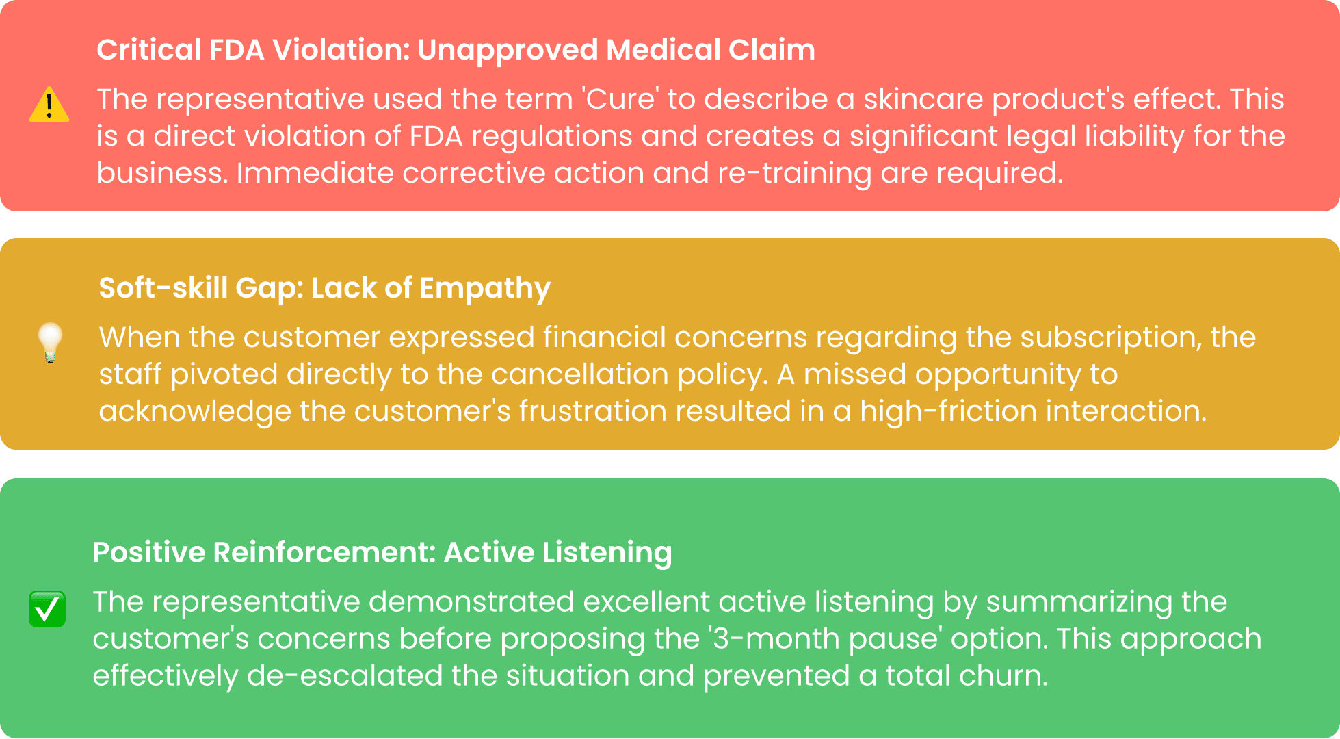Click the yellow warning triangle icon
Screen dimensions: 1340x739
(49, 105)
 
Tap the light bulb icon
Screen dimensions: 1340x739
(50, 342)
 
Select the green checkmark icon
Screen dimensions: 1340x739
(47, 608)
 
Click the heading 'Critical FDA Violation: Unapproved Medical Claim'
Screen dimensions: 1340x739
(456, 50)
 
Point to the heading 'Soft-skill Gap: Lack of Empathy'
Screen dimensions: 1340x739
(324, 288)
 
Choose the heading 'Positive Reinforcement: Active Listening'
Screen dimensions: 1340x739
(382, 552)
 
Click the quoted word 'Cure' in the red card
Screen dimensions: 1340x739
(622, 99)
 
